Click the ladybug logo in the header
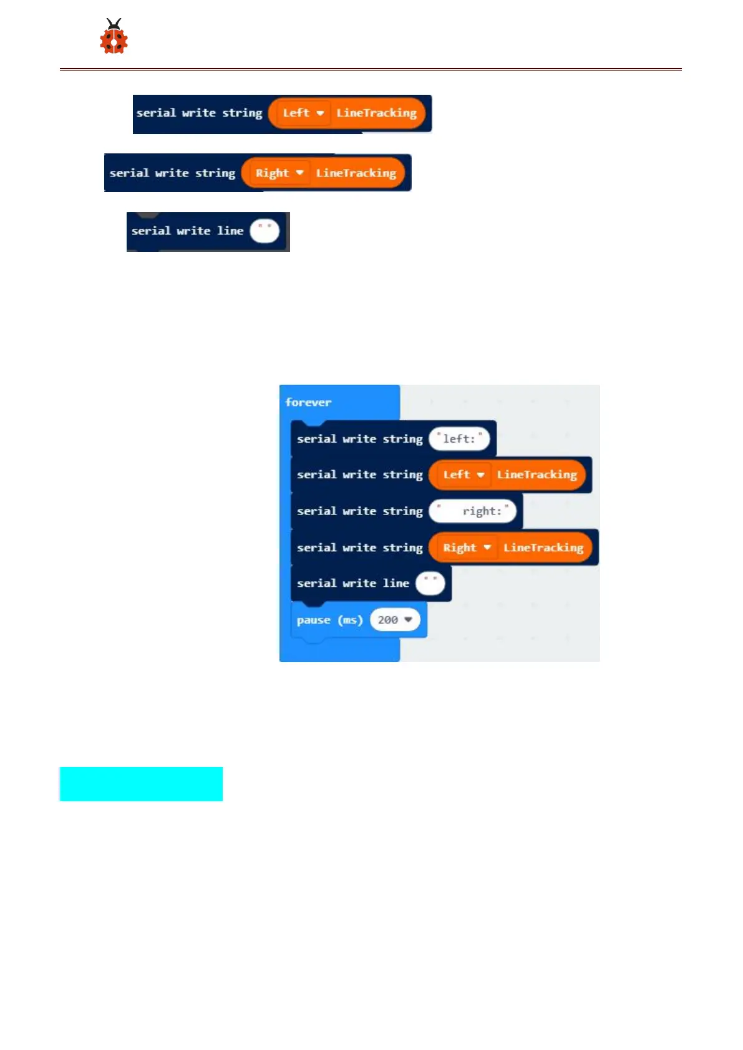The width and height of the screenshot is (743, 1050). point(114,37)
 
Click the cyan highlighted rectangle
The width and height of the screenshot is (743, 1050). point(141,784)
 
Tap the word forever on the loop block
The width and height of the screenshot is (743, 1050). point(308,402)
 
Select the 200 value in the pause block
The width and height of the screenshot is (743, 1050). point(388,620)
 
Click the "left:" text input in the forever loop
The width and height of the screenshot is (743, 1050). point(459,439)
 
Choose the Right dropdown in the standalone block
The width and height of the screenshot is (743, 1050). point(279,173)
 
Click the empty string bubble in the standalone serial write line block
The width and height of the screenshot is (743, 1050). point(265,231)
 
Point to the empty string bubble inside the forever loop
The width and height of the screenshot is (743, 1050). point(430,584)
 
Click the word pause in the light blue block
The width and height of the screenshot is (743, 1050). point(313,620)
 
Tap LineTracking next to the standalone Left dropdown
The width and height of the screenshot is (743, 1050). point(376,113)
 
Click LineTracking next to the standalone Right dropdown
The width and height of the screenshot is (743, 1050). point(356,173)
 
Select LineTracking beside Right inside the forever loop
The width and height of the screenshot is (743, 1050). point(543,547)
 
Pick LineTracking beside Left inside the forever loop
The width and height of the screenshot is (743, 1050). point(537,474)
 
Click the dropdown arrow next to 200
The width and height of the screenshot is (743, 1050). point(409,620)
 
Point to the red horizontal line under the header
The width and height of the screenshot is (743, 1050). point(371,69)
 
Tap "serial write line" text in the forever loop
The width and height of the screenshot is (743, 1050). point(352,584)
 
